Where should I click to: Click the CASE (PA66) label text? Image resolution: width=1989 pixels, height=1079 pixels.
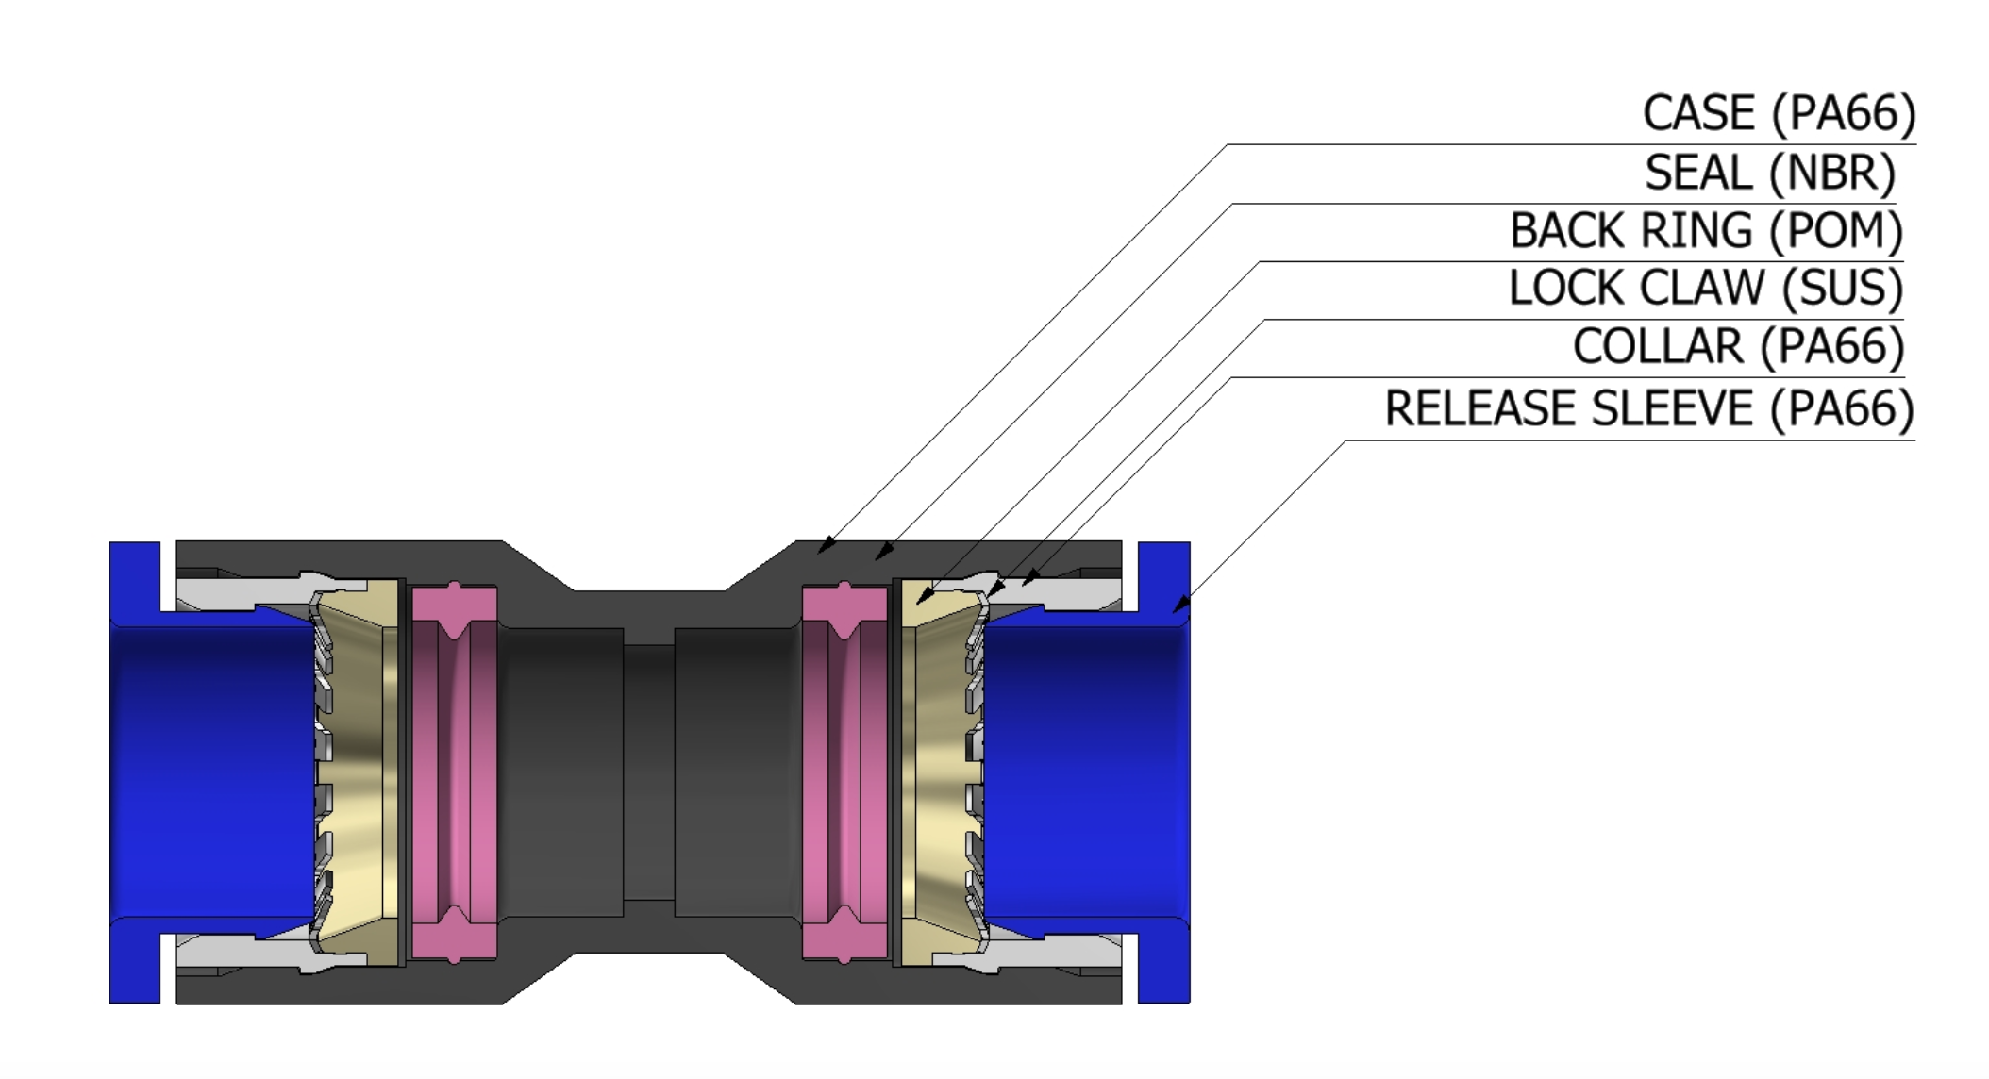tap(1779, 114)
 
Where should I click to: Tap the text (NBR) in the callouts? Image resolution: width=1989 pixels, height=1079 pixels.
tap(1831, 174)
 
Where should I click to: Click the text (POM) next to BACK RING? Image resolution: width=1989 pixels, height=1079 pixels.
tap(1835, 232)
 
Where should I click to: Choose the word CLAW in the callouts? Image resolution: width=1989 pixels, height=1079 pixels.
tap(1702, 289)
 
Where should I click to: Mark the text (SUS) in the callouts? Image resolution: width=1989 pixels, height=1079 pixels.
tap(1842, 289)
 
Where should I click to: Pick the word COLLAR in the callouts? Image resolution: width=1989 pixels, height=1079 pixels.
tap(1658, 347)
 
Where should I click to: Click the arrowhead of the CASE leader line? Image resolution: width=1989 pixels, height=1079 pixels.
tap(823, 548)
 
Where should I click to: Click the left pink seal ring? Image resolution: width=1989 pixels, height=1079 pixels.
tap(455, 773)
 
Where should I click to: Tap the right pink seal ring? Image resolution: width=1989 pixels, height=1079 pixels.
tap(844, 773)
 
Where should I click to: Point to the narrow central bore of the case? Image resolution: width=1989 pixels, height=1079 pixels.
tap(648, 773)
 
